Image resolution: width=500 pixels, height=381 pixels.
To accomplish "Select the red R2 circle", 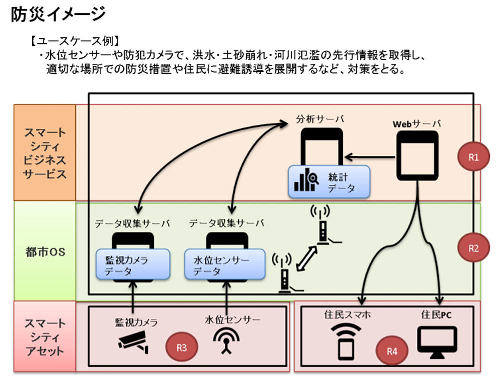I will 472,248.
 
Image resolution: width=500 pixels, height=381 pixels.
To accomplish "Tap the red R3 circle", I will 181,347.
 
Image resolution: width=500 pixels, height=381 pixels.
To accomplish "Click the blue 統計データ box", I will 329,181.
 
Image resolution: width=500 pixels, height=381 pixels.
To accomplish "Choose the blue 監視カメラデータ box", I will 132,265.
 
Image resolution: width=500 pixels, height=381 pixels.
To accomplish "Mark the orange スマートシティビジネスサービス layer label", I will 45,153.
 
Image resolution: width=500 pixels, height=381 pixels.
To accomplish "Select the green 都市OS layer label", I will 45,251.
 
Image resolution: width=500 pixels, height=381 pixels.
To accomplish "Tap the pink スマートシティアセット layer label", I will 45,336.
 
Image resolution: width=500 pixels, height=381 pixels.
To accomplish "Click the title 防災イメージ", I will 58,14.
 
